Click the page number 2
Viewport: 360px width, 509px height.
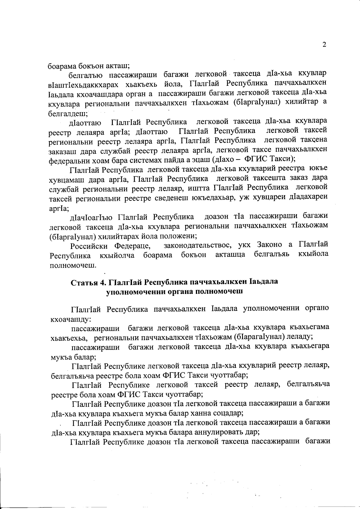(324, 45)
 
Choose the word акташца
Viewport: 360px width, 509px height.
(230, 255)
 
